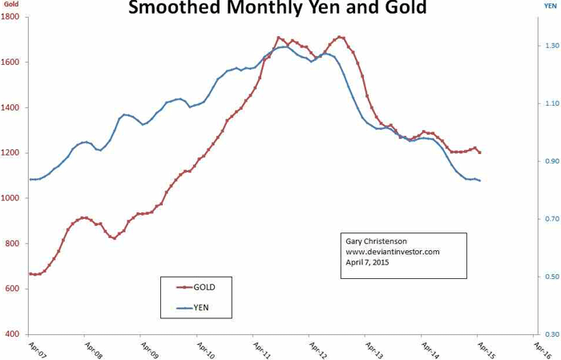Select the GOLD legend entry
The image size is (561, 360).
click(204, 286)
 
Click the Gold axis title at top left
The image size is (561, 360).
click(10, 6)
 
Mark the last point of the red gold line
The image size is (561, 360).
click(479, 152)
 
